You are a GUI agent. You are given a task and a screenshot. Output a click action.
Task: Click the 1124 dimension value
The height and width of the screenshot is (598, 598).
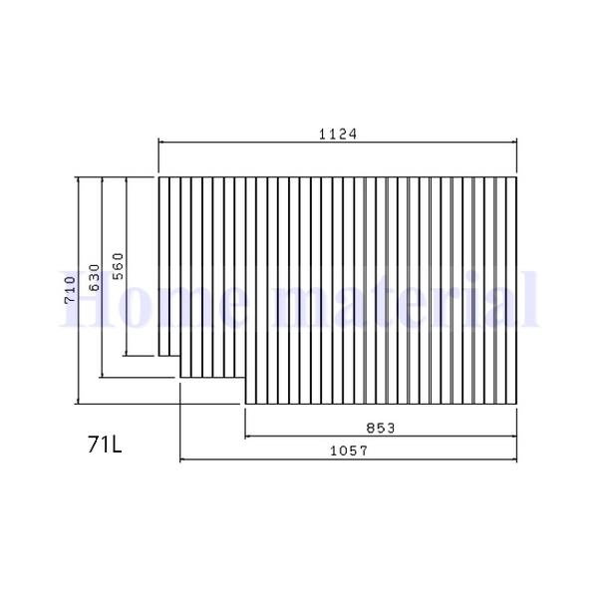[339, 133]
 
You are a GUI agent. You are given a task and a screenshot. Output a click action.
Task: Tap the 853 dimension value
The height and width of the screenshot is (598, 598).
[381, 427]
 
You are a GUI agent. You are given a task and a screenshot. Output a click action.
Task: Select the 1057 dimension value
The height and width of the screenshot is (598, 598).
[349, 450]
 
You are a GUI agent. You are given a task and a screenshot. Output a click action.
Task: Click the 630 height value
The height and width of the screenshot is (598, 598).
[94, 277]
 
